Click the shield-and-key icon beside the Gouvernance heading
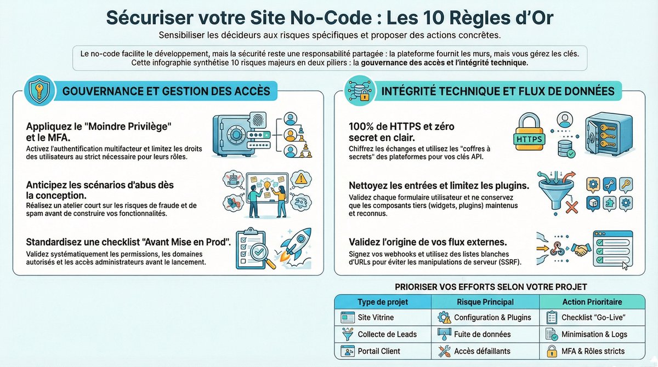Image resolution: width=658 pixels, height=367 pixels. point(38,90)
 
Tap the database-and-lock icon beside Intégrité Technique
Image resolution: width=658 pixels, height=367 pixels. point(359,90)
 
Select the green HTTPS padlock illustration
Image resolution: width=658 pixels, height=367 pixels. point(529,133)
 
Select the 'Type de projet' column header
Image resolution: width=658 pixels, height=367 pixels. point(382,302)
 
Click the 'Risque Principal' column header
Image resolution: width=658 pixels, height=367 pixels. point(485,302)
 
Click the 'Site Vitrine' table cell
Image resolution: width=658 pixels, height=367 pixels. point(376,317)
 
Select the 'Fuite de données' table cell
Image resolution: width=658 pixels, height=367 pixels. point(482,334)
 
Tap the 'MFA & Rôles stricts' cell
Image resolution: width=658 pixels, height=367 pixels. point(593,351)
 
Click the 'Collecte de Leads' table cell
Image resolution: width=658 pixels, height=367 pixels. point(387,334)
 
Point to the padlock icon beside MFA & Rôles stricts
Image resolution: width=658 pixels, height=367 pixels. point(552,351)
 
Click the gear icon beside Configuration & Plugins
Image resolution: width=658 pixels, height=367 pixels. point(444,317)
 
